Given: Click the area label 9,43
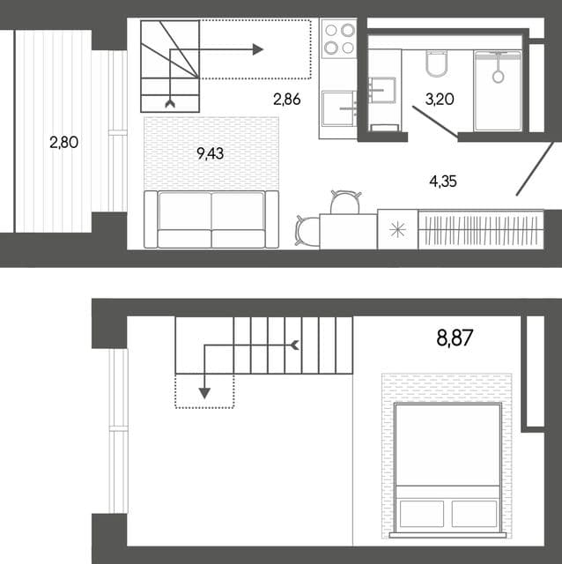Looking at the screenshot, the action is pyautogui.click(x=211, y=154).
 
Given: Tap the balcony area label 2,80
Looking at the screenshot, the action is pyautogui.click(x=64, y=143).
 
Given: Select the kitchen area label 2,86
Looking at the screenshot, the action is pyautogui.click(x=287, y=100).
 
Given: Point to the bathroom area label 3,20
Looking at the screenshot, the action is pyautogui.click(x=440, y=99).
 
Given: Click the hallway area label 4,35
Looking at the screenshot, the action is pyautogui.click(x=443, y=182).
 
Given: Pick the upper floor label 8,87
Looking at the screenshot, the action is pyautogui.click(x=455, y=338).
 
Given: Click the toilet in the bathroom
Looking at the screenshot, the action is pyautogui.click(x=437, y=63).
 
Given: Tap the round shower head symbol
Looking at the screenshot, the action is pyautogui.click(x=498, y=77).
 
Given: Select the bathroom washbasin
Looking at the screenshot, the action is pyautogui.click(x=381, y=90).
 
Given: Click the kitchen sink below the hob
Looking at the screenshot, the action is pyautogui.click(x=337, y=108).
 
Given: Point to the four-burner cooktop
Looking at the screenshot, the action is pyautogui.click(x=339, y=39).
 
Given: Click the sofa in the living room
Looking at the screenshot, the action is pyautogui.click(x=211, y=219).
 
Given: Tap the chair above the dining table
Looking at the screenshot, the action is pyautogui.click(x=345, y=202).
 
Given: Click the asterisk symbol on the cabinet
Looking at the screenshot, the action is pyautogui.click(x=397, y=229).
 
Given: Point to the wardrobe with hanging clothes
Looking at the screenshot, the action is pyautogui.click(x=481, y=229).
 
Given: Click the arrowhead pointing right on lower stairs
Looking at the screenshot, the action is pyautogui.click(x=258, y=49).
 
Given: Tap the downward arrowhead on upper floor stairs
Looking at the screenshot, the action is pyautogui.click(x=204, y=394).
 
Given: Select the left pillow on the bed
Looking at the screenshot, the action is pyautogui.click(x=422, y=513).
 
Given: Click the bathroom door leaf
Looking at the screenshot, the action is pyautogui.click(x=435, y=122).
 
